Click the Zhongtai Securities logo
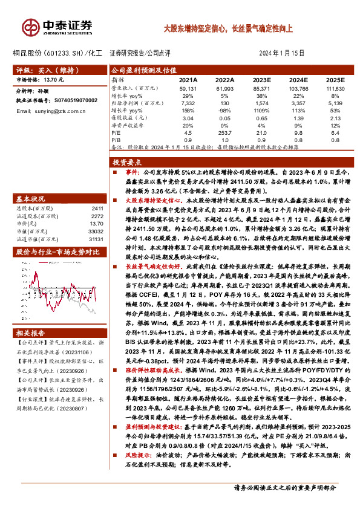(57, 27)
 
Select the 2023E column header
(261, 79)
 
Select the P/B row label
(117, 139)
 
